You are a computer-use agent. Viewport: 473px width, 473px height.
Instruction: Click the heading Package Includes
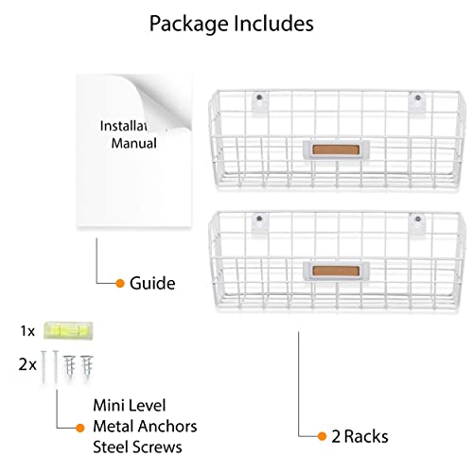(232, 24)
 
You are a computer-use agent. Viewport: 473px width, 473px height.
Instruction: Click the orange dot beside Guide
(120, 283)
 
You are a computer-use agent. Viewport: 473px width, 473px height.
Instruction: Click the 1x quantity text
(26, 333)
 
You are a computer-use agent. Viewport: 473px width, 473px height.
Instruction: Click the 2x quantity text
(26, 362)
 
